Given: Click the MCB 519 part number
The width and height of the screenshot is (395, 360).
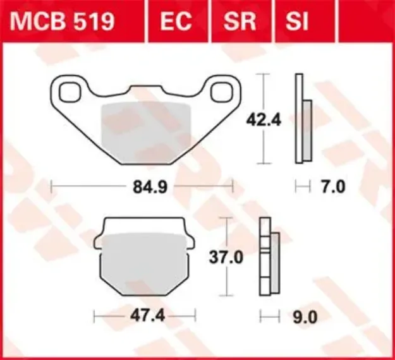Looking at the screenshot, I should pos(61,21).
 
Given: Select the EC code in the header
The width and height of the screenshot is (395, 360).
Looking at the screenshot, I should pos(175,21).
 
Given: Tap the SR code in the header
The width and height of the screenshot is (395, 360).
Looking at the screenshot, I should pos(240,21).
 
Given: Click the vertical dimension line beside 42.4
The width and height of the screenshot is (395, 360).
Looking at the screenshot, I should pos(260,119).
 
